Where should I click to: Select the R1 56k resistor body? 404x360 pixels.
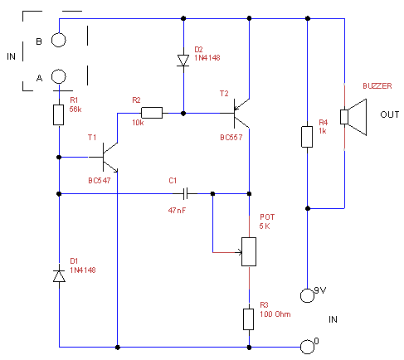[x=58, y=114]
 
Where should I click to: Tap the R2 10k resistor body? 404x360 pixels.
[x=152, y=113]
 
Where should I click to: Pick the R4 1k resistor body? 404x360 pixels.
[x=307, y=137]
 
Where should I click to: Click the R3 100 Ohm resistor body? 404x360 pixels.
[x=248, y=319]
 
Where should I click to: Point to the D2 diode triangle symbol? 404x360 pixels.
[x=183, y=61]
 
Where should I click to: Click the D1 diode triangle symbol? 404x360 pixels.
[x=59, y=275]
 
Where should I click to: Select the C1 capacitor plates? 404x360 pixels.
[x=186, y=193]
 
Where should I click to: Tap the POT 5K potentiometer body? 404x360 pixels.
[x=249, y=251]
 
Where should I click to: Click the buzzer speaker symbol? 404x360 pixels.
[x=353, y=117]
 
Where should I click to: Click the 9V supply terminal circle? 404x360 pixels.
[x=307, y=295]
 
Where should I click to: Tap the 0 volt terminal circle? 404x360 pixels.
[x=307, y=347]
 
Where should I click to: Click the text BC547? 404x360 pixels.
[x=100, y=181]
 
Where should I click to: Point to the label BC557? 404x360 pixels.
[x=231, y=138]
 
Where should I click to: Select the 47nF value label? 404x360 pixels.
[x=177, y=211]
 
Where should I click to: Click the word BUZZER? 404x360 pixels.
[x=377, y=86]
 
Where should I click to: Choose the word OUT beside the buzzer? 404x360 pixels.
[x=390, y=114]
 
